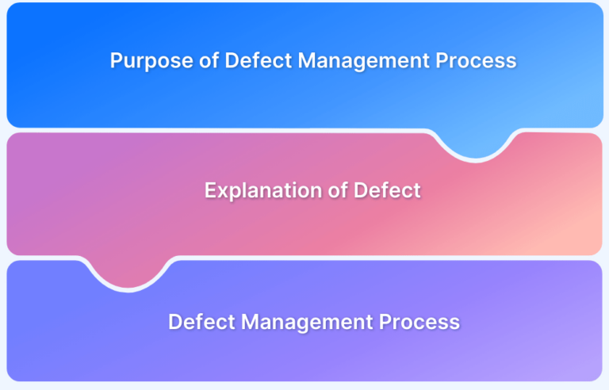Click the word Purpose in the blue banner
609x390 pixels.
coord(151,61)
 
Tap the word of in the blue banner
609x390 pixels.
coord(209,60)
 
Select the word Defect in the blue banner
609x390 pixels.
coord(259,60)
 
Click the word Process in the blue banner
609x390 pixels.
coord(476,60)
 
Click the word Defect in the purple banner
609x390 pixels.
coord(201,322)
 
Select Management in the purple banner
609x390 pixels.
coord(307,323)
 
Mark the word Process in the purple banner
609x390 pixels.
coord(419,322)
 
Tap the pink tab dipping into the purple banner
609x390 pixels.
coord(128,273)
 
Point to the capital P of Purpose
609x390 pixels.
coord(117,60)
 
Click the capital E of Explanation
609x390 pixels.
coord(211,190)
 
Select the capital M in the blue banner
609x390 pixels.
coord(306,60)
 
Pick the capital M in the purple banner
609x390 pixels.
coord(250,322)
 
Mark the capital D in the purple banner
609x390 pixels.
coord(175,322)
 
